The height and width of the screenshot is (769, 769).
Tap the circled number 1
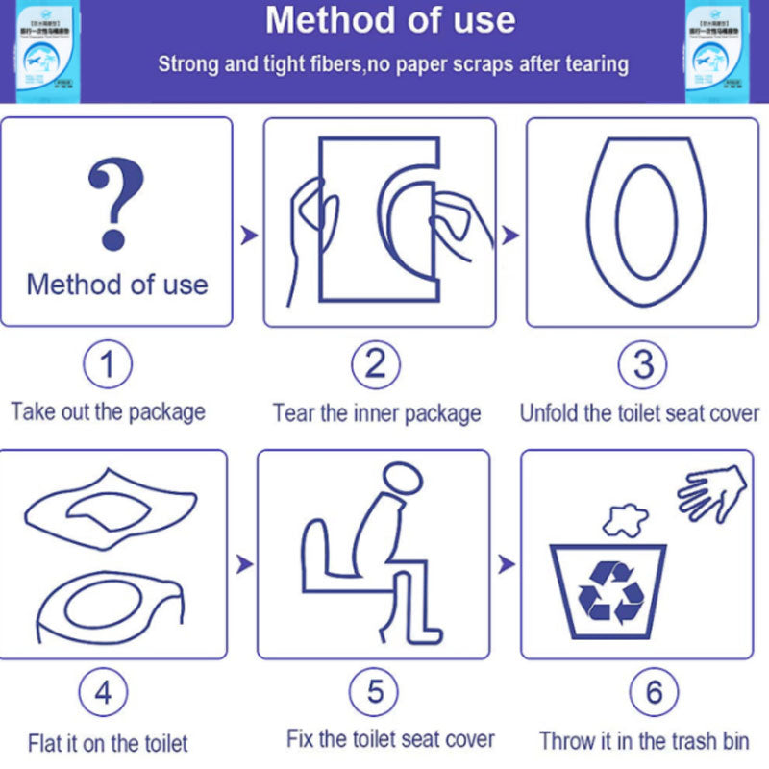click(x=108, y=365)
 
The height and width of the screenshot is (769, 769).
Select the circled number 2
click(x=375, y=365)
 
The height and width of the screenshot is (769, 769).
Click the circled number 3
click(x=643, y=365)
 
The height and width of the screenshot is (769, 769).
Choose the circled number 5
click(x=375, y=692)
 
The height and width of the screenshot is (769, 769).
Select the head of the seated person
click(x=399, y=480)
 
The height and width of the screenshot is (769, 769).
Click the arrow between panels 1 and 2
click(x=249, y=235)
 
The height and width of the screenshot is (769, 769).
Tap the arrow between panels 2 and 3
click(x=510, y=235)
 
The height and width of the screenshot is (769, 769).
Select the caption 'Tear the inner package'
click(x=377, y=413)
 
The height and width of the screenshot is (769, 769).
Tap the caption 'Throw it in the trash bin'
click(x=644, y=741)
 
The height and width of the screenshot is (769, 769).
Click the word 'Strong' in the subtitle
click(x=186, y=64)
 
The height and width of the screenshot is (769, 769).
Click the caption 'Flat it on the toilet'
click(x=108, y=743)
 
